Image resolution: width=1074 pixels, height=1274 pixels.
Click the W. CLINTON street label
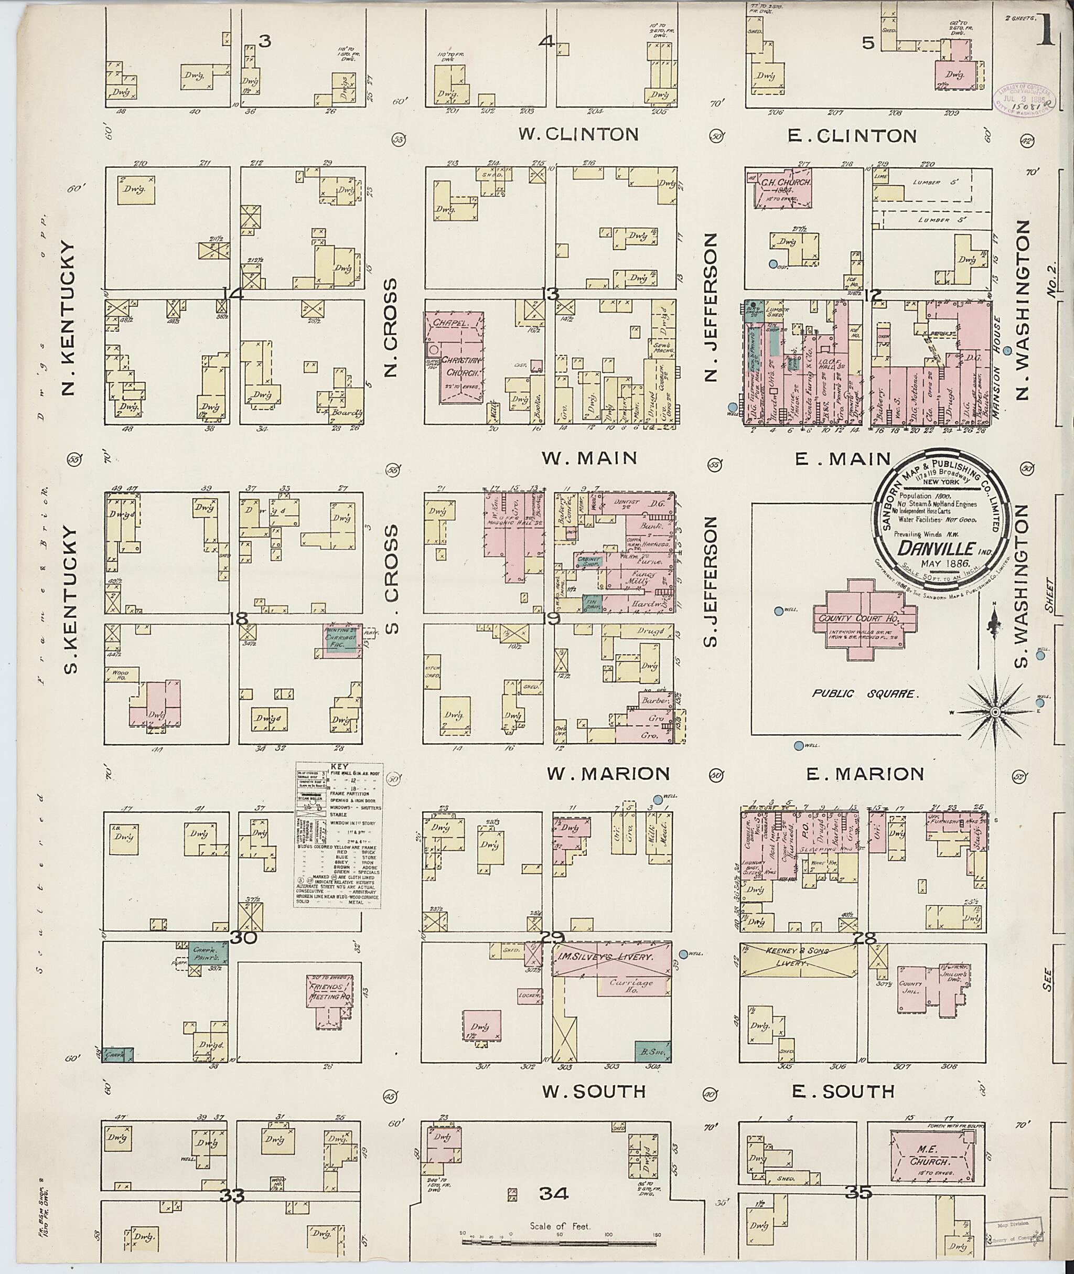(578, 135)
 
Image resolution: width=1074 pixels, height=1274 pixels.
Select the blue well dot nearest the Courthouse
(778, 611)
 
